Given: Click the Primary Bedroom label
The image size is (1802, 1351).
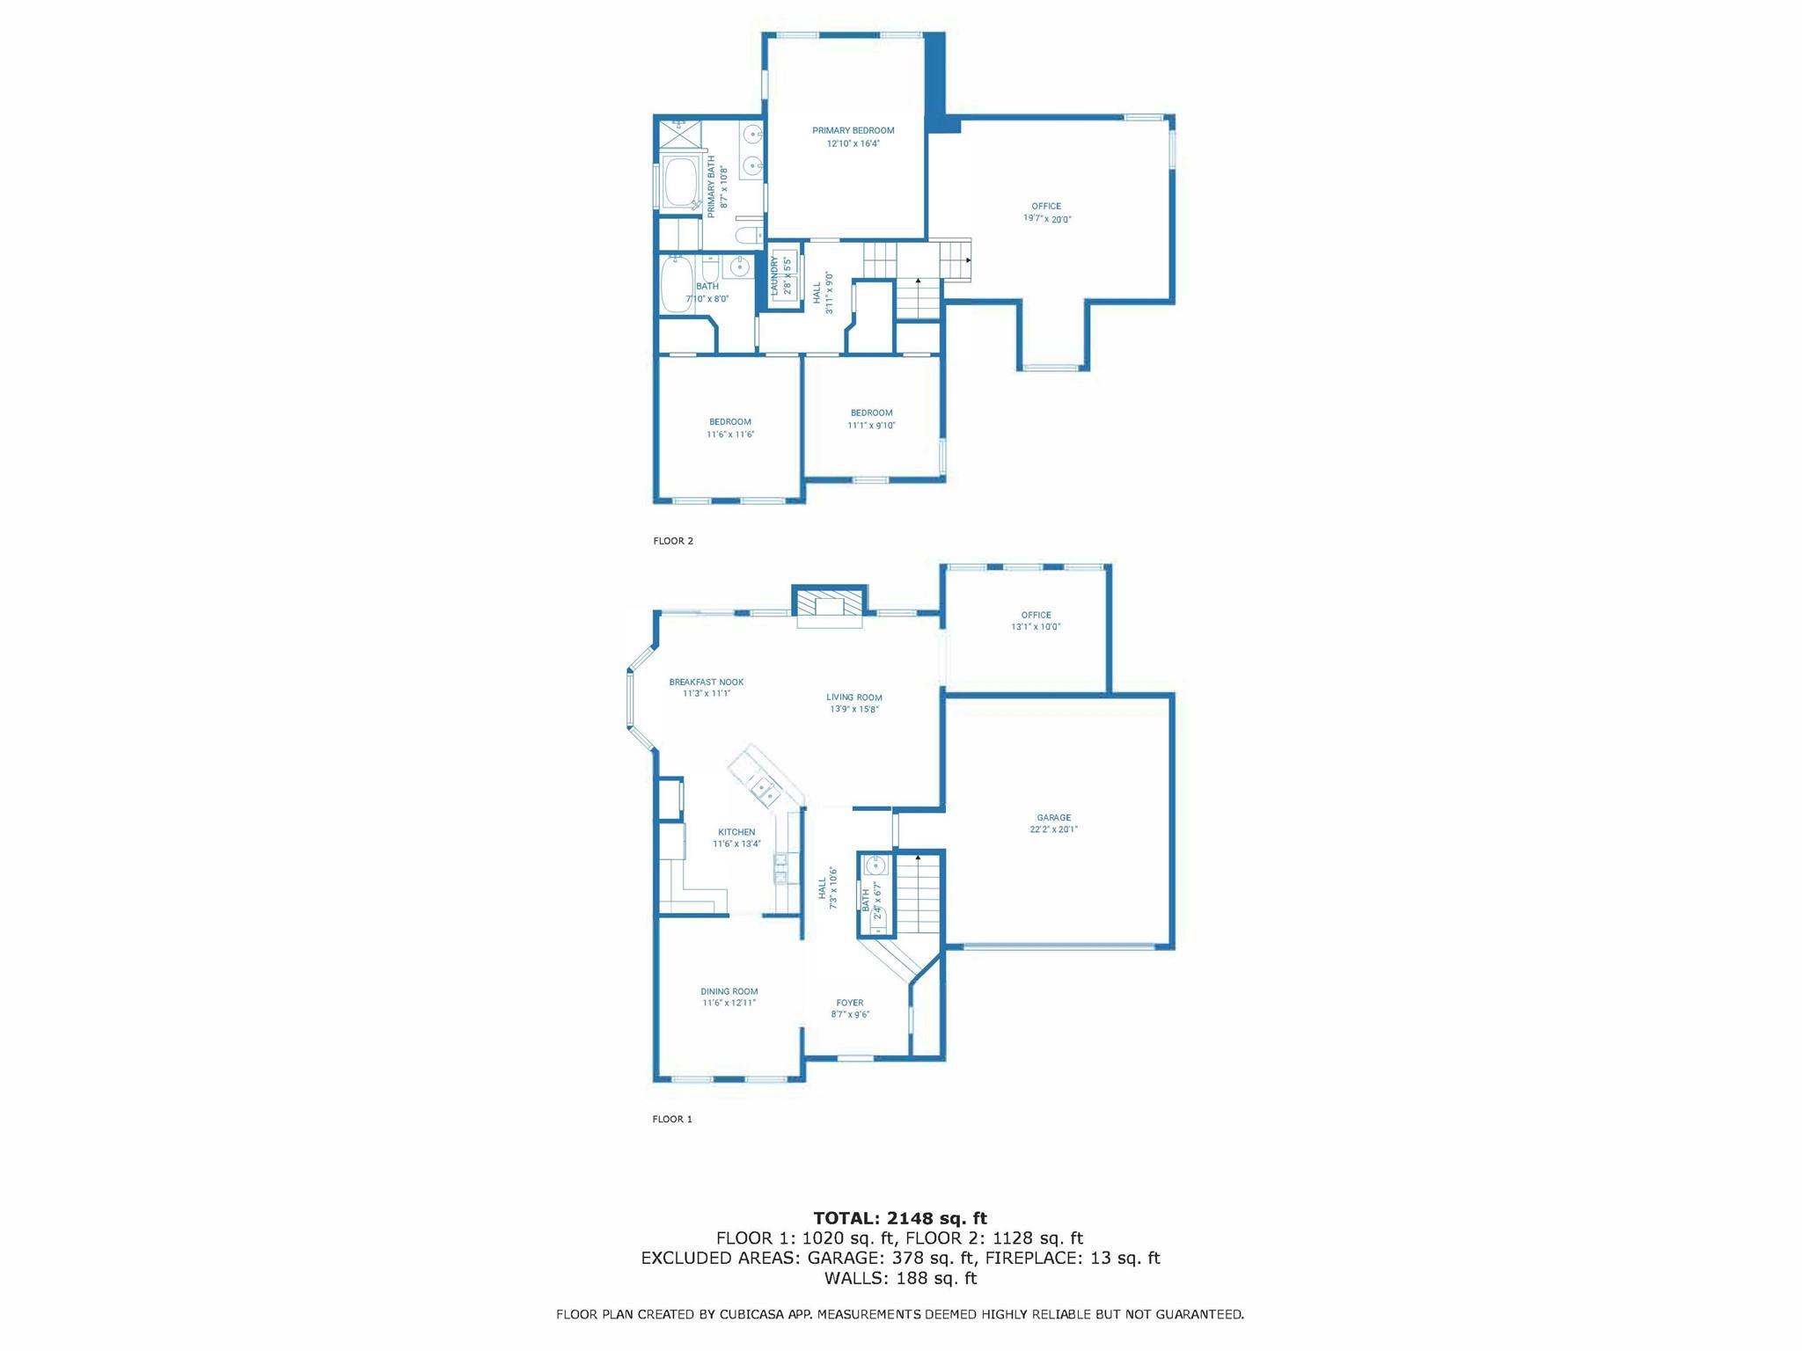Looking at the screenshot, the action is coord(853,131).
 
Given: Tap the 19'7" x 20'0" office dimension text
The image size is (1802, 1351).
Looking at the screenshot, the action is coord(1047,219).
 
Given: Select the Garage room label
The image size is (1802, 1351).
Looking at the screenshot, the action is coord(1053,818).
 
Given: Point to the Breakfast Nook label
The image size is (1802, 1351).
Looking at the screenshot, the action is coord(707,682).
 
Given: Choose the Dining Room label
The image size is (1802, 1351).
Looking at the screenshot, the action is coord(729,991).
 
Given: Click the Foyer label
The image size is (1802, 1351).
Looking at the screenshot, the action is coord(850,1003).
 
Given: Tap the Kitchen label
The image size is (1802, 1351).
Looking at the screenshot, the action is coord(736,832).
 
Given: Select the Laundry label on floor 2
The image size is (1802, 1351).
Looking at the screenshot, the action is coord(775,275).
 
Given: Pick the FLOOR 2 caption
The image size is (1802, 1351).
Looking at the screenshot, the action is coord(673,541).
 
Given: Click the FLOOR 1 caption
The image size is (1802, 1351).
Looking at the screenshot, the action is coord(672,1120).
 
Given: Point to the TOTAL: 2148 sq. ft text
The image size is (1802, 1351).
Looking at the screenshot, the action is coord(900,1218).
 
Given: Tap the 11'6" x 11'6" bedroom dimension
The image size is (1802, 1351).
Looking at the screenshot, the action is coord(730,435).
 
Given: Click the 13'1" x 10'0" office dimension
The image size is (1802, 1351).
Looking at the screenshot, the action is coord(1037,627).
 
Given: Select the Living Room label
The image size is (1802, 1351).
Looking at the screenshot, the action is coord(854,697).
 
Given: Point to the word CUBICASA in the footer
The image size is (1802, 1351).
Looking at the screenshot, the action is coord(753,1315).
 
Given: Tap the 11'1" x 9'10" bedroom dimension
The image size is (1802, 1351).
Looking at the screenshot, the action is coord(872,426).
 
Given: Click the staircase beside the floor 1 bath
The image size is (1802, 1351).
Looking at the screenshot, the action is coord(919,893).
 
